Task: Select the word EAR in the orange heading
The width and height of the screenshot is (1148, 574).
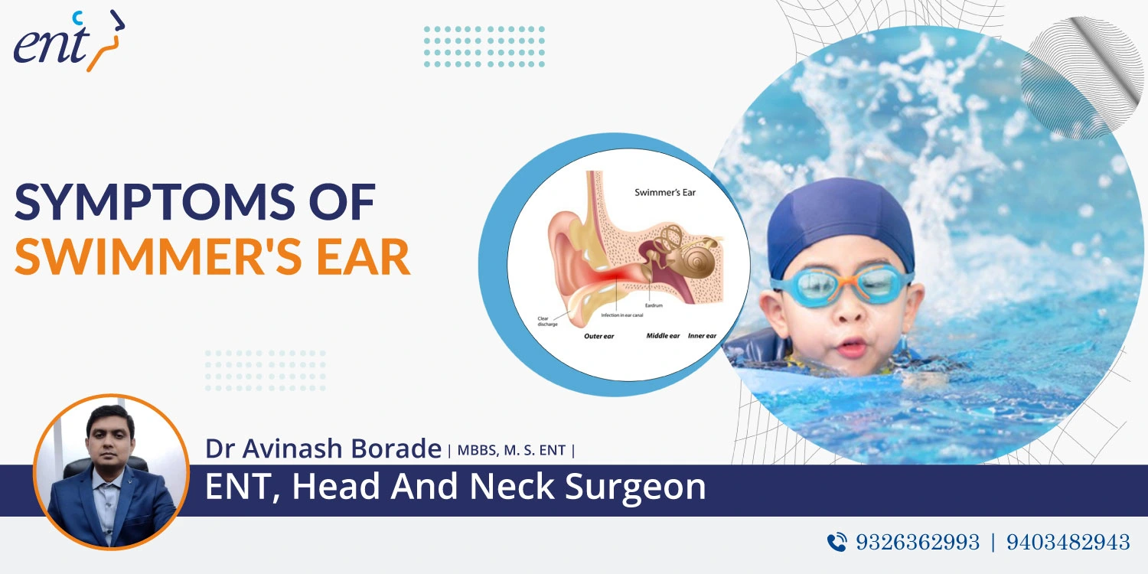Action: click(x=366, y=258)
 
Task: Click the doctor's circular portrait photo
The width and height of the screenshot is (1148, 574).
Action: click(x=111, y=472)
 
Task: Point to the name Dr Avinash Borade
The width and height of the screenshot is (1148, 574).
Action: click(x=323, y=448)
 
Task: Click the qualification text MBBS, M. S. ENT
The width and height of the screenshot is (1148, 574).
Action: click(x=510, y=450)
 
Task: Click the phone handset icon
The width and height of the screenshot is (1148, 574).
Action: click(x=837, y=542)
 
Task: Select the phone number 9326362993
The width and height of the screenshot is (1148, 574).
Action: click(x=918, y=542)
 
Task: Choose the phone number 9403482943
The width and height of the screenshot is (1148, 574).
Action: click(x=1068, y=542)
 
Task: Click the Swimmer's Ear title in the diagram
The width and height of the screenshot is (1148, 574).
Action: click(x=665, y=192)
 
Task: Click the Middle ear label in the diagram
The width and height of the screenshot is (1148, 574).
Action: click(x=663, y=336)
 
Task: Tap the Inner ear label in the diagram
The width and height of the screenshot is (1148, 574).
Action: click(x=702, y=336)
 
